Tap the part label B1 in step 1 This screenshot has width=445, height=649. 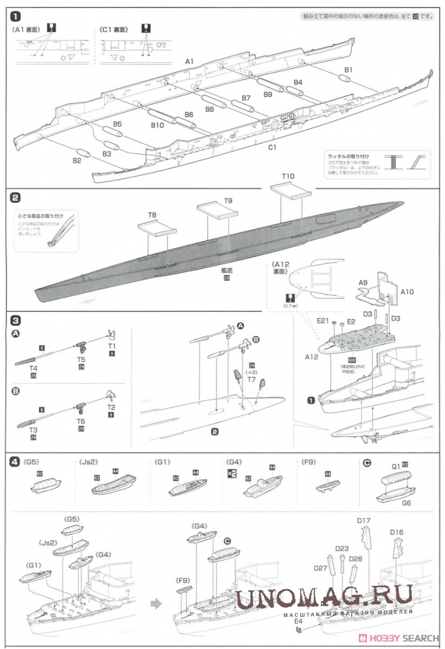(x=348, y=69)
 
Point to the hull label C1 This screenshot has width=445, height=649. (x=271, y=147)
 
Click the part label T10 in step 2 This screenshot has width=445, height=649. (x=288, y=176)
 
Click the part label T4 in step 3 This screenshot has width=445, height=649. (x=33, y=368)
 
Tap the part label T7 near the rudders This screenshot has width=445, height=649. (x=251, y=379)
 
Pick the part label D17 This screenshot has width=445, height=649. (x=363, y=520)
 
